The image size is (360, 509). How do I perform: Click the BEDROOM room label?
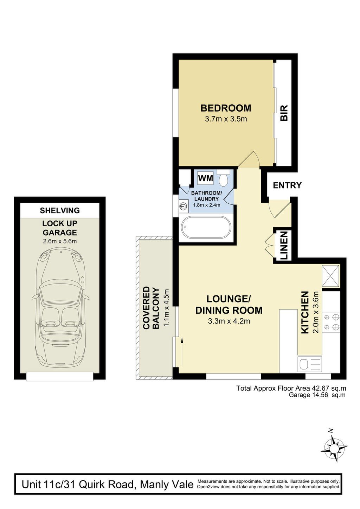[226, 108]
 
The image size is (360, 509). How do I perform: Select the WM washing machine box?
[205, 178]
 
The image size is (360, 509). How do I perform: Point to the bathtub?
[206, 228]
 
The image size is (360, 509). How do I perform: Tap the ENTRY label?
[287, 185]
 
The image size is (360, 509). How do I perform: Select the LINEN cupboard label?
[284, 246]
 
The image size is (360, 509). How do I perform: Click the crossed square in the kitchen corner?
[331, 276]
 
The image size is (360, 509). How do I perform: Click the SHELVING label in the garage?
[60, 210]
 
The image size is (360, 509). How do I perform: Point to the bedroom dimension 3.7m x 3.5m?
[226, 119]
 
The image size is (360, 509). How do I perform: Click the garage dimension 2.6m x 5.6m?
[60, 241]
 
